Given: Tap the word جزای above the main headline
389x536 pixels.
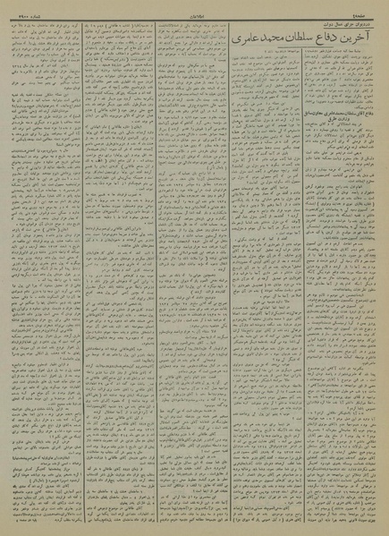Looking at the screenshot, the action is point(349,23).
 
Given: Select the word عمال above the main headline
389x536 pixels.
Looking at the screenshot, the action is point(336,23).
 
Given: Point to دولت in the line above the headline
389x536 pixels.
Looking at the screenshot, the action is point(323,23).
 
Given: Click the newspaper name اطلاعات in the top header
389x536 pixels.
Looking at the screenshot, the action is point(193,9).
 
